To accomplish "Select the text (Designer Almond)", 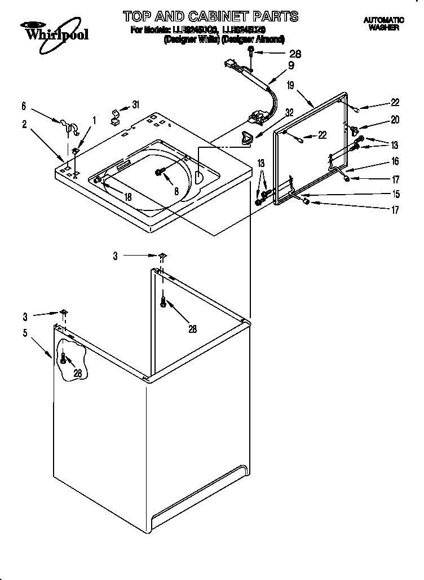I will (253, 39).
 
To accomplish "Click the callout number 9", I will (291, 64).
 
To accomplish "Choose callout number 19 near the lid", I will (290, 85).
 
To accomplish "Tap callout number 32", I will (289, 112).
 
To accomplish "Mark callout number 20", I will (395, 120).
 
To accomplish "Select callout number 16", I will (395, 162).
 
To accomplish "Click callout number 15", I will (396, 195).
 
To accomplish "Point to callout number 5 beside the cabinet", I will (25, 333).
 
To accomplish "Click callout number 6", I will (24, 106).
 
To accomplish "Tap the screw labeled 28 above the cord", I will (250, 53).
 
